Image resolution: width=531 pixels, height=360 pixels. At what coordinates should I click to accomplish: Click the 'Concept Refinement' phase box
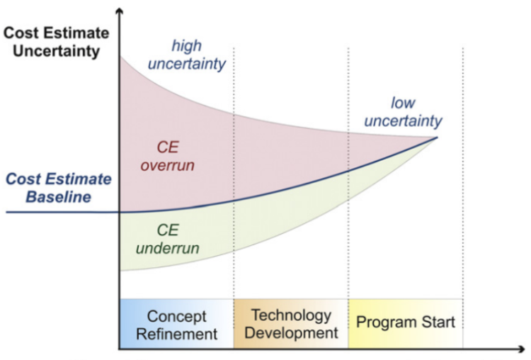tap(177, 324)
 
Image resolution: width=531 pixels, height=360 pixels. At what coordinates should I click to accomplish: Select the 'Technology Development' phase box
tap(291, 324)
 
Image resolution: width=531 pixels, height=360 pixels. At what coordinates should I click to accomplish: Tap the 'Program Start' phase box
tap(406, 324)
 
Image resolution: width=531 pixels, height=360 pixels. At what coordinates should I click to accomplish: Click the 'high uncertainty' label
tap(187, 55)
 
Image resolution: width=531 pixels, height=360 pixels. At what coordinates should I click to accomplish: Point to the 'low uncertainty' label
tap(403, 112)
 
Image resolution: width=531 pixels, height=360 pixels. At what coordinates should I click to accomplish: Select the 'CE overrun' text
tap(168, 157)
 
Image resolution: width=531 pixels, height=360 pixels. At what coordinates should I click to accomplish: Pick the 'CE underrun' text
tap(168, 240)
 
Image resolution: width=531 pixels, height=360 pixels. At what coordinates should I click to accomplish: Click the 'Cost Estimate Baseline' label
tap(59, 188)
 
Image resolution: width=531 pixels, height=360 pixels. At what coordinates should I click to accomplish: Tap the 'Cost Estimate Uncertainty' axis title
tap(56, 42)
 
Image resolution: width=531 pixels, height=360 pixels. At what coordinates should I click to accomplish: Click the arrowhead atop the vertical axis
tap(119, 11)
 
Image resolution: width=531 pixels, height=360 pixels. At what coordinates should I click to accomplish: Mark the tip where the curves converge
tap(438, 137)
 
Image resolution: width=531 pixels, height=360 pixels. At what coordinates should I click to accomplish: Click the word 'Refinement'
tap(177, 334)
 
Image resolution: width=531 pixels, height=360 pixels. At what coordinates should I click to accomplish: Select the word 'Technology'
tap(291, 316)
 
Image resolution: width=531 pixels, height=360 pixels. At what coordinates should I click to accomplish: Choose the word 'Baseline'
tap(59, 197)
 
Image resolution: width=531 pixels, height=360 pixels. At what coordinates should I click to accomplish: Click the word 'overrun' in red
tap(168, 166)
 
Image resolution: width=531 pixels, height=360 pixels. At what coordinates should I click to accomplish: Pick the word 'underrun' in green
tap(168, 249)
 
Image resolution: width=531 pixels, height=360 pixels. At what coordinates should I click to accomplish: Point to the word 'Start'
tap(438, 322)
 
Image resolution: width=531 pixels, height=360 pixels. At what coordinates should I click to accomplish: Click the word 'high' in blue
tap(187, 46)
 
